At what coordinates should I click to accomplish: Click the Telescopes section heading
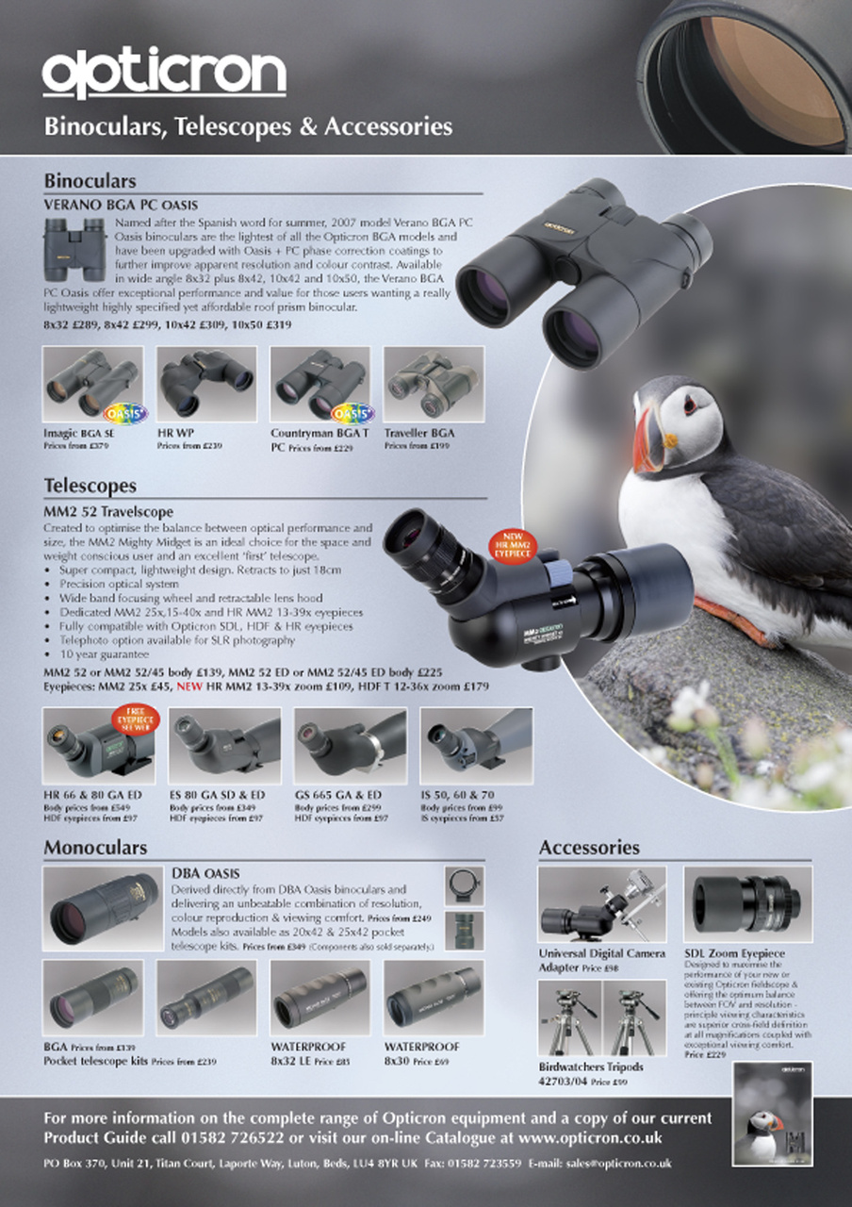coord(90,486)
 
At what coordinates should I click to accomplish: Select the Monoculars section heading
coord(95,847)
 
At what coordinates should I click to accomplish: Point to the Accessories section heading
coord(589,847)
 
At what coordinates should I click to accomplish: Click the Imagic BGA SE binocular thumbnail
coord(93,385)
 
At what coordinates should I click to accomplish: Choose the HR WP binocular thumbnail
coord(206,385)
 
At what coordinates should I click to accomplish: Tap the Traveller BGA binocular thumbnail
coord(434,385)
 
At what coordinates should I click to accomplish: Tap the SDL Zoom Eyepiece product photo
coord(747,903)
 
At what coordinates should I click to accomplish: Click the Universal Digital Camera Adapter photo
coord(601,904)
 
